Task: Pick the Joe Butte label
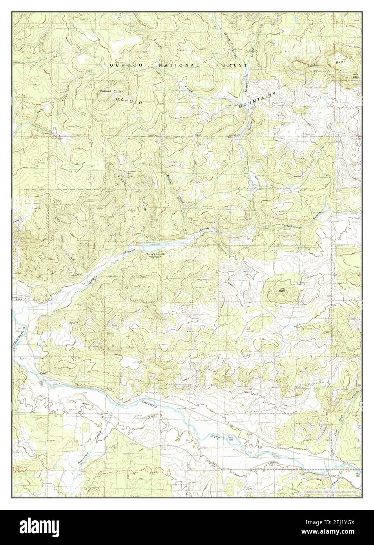pos(282,290)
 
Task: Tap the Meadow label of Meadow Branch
pos(292,227)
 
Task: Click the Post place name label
pos(43,373)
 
